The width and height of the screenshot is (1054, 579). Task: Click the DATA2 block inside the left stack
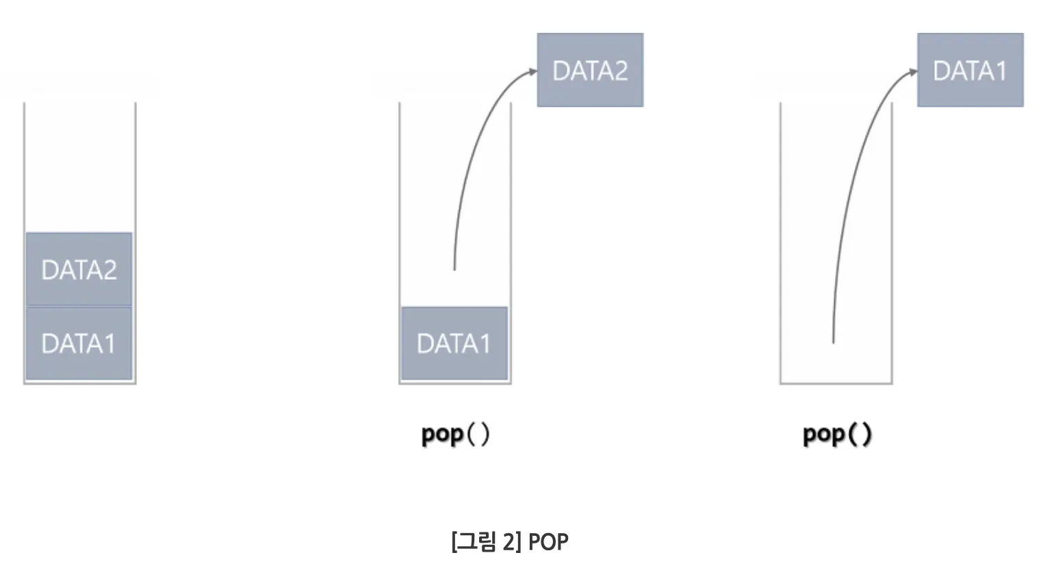pyautogui.click(x=79, y=269)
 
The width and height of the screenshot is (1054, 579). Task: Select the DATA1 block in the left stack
pyautogui.click(x=79, y=343)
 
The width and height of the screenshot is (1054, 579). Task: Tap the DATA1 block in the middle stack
pyautogui.click(x=454, y=343)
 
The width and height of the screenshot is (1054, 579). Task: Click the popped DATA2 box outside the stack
pyautogui.click(x=590, y=70)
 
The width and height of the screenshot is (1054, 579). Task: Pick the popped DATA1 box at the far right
pyautogui.click(x=970, y=70)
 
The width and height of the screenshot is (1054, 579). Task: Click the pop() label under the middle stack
pyautogui.click(x=455, y=434)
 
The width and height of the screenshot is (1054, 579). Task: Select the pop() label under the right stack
pyautogui.click(x=837, y=434)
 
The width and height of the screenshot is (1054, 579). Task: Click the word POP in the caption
pyautogui.click(x=548, y=541)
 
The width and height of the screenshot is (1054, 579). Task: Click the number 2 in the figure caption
pyautogui.click(x=509, y=541)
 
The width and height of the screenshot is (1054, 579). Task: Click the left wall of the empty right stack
pyautogui.click(x=780, y=240)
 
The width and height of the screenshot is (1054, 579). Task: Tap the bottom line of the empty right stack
pyautogui.click(x=836, y=383)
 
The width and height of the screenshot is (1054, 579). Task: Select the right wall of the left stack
pyautogui.click(x=136, y=171)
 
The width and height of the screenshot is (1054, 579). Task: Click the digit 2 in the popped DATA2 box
pyautogui.click(x=620, y=70)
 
